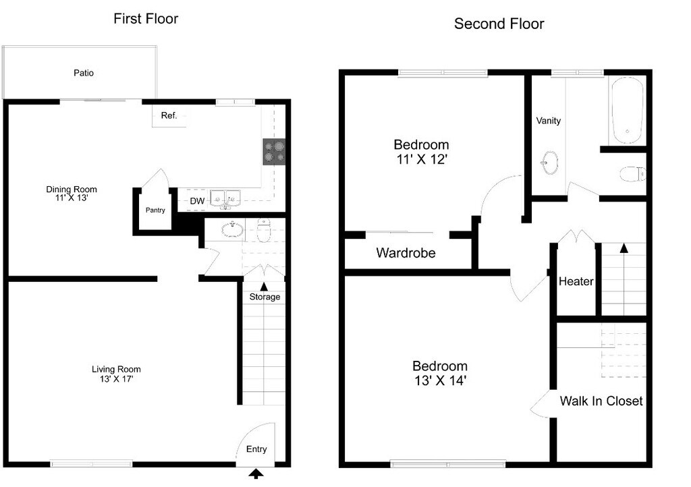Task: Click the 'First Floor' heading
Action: click(x=146, y=19)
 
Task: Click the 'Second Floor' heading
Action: click(x=499, y=24)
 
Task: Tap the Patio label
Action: click(x=84, y=73)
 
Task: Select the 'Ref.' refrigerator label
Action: click(x=169, y=115)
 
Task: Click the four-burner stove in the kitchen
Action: click(x=273, y=152)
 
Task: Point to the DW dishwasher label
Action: click(x=197, y=201)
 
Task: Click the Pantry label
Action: click(x=155, y=210)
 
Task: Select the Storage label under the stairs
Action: click(x=265, y=297)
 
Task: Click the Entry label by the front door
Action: click(x=256, y=449)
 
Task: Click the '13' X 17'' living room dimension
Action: click(x=116, y=379)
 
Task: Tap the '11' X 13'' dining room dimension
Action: click(x=72, y=199)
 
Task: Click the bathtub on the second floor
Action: click(x=627, y=109)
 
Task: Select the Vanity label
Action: click(x=548, y=121)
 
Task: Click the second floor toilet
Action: click(x=632, y=174)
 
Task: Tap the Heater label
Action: click(x=576, y=281)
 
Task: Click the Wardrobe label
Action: click(x=406, y=254)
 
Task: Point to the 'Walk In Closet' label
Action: click(x=601, y=401)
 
